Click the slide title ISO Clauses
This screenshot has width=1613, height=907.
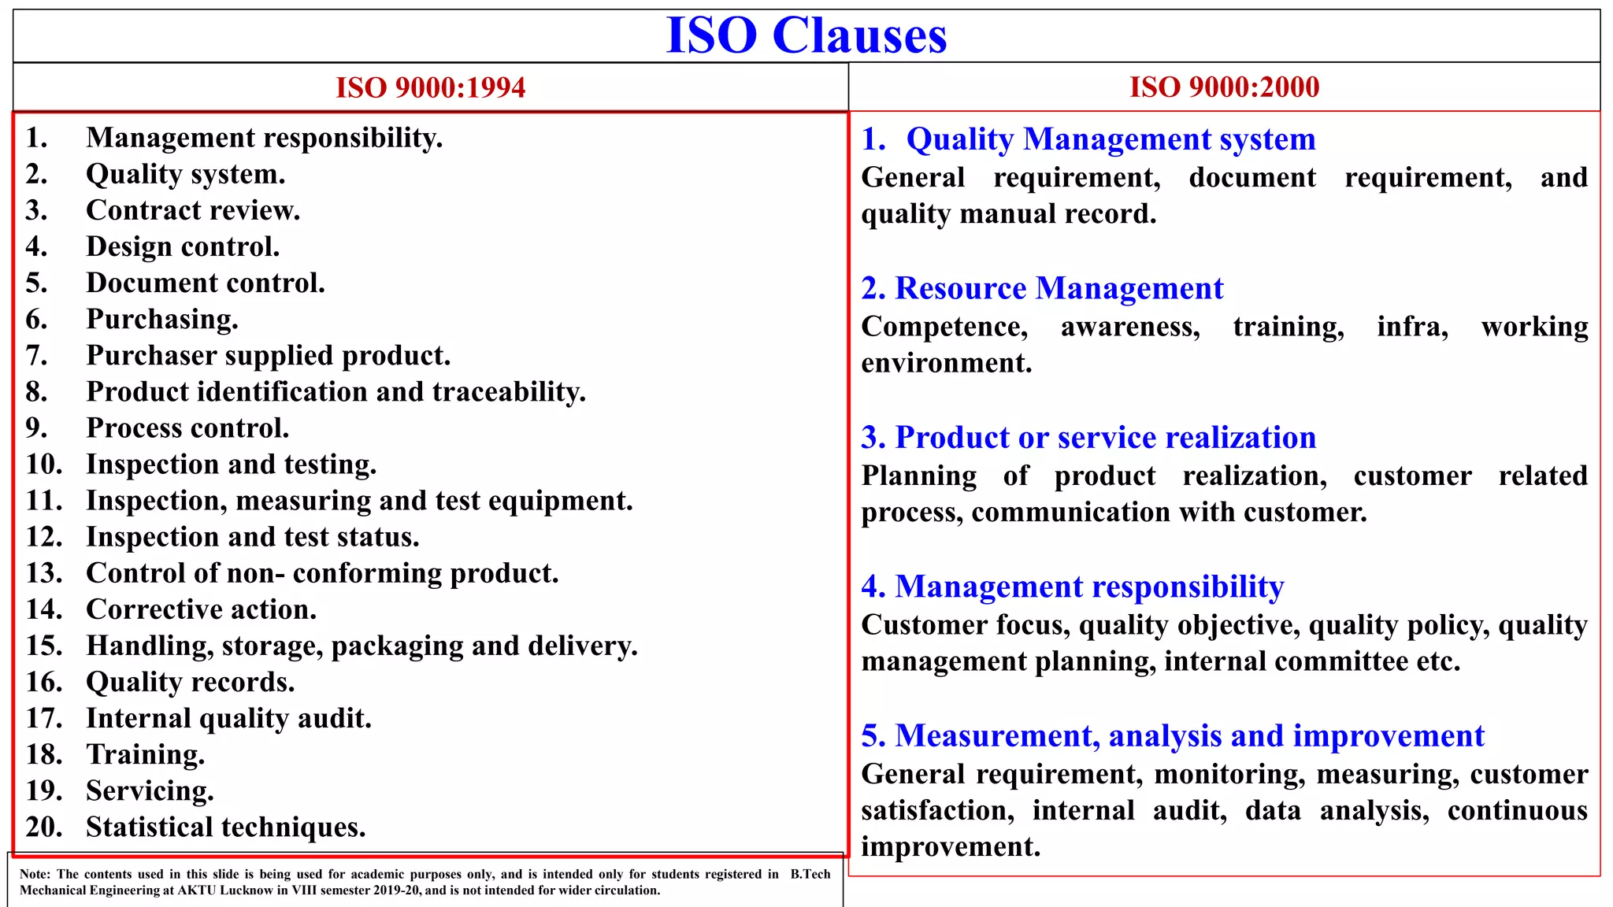click(806, 36)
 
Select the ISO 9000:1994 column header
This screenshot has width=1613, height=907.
click(430, 87)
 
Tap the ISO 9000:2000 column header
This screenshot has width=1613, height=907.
click(1224, 87)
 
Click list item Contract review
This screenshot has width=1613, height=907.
click(193, 210)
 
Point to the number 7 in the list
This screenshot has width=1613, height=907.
click(35, 356)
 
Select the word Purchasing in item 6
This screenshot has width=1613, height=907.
click(161, 319)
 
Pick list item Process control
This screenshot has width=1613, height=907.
click(187, 428)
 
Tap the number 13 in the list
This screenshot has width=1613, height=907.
click(43, 573)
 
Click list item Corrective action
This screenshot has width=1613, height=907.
click(201, 609)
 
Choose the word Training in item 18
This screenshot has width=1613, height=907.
click(145, 754)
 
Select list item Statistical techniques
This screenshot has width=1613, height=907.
click(225, 827)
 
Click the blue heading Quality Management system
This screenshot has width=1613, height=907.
click(1111, 139)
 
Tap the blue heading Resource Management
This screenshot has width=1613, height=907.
click(1059, 288)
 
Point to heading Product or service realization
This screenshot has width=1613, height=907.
click(1105, 437)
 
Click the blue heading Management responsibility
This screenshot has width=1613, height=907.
click(1089, 587)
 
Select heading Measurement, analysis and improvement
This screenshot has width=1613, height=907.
click(1189, 735)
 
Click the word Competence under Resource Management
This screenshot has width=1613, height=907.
click(944, 327)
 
